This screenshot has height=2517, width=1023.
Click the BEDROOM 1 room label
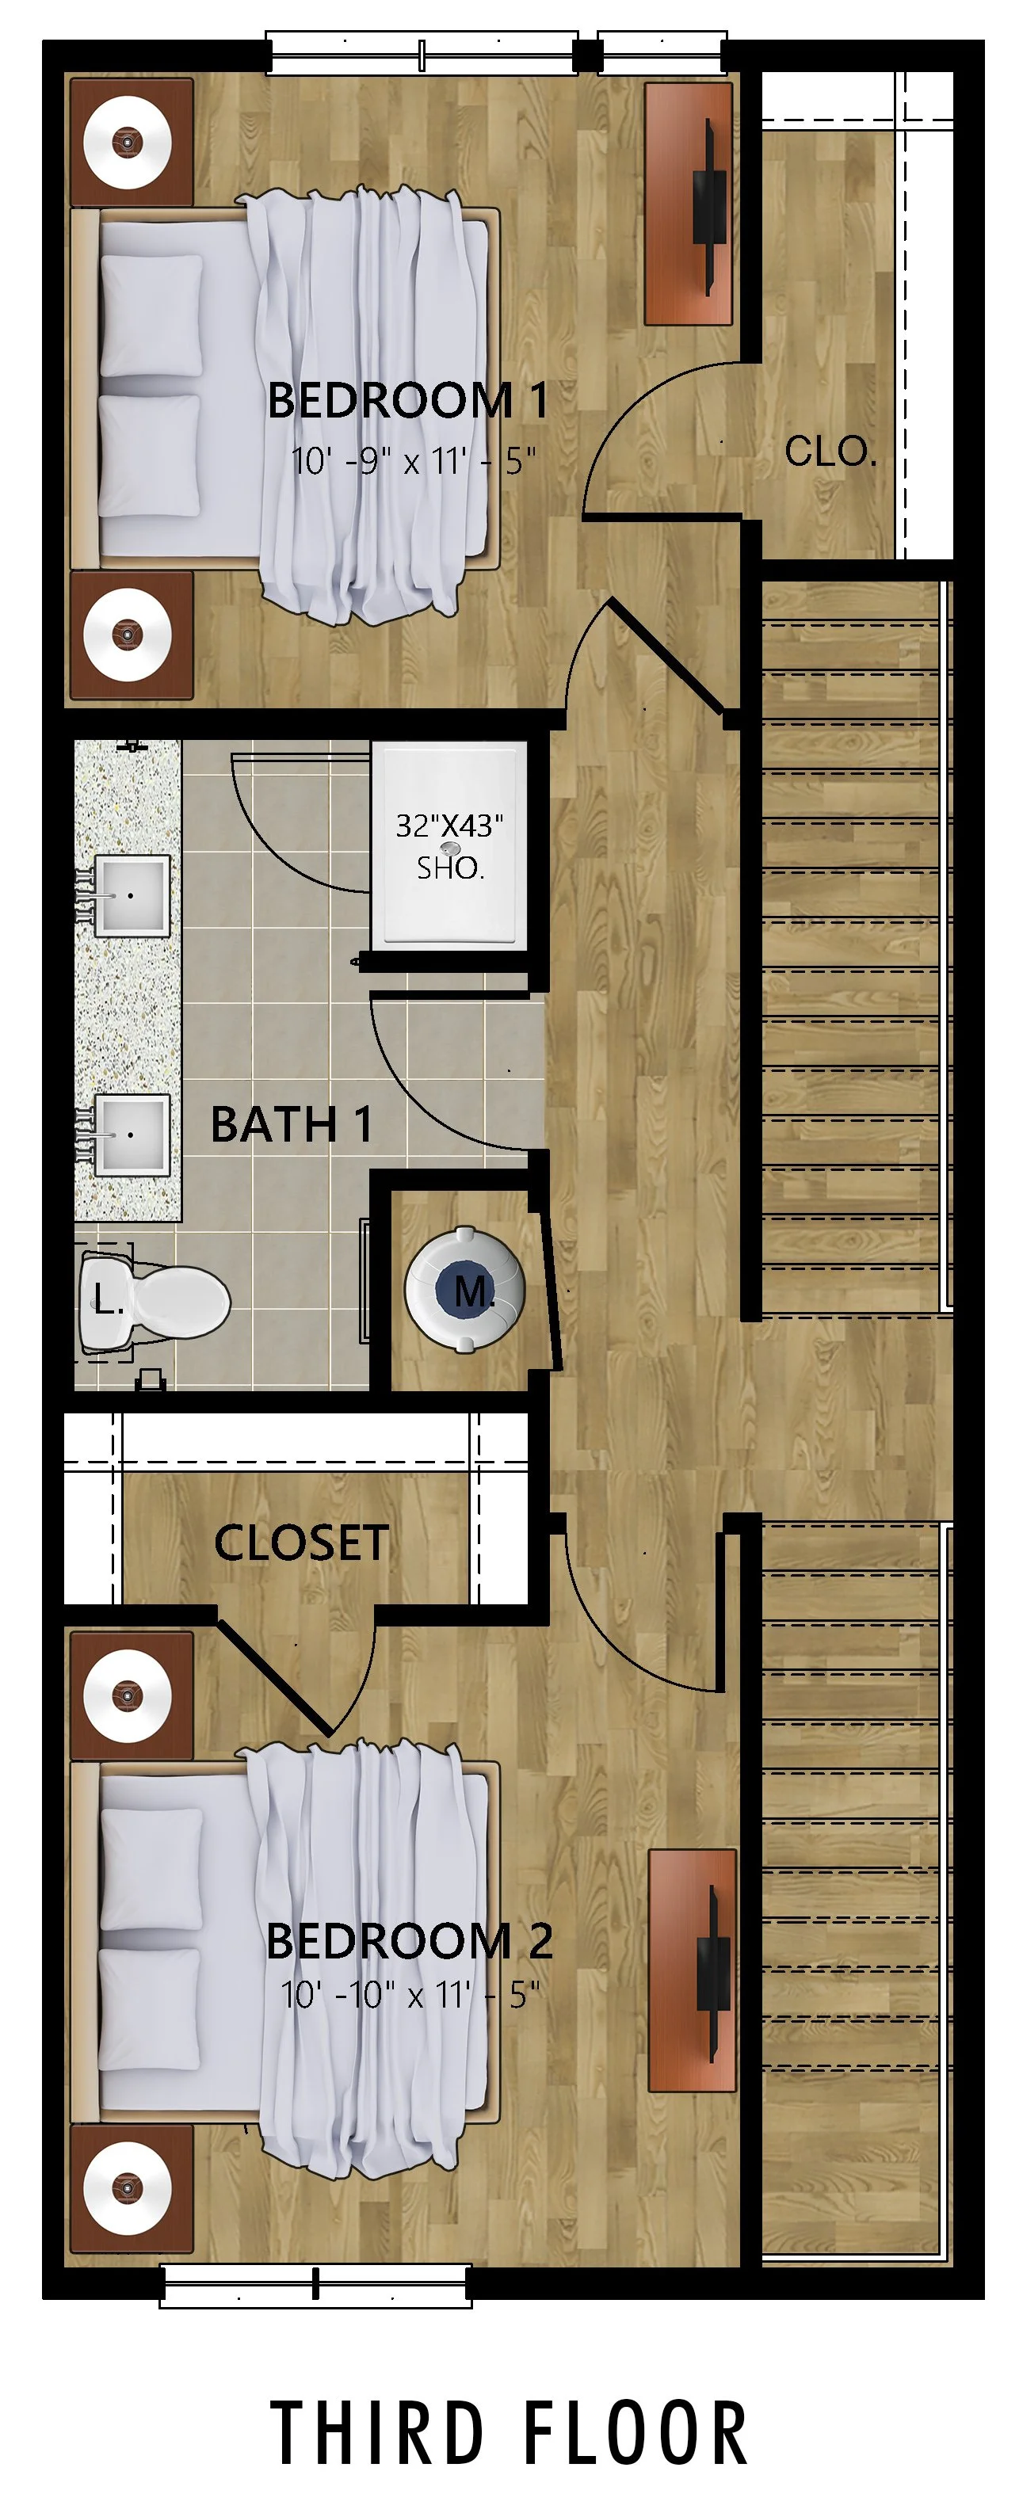pyautogui.click(x=407, y=401)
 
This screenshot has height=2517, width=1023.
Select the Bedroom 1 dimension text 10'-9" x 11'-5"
pyautogui.click(x=414, y=460)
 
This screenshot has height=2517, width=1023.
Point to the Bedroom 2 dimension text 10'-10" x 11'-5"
pyautogui.click(x=410, y=1994)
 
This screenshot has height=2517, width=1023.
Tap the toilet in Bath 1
pyautogui.click(x=156, y=1301)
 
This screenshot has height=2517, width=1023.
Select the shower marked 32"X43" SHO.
pyautogui.click(x=449, y=846)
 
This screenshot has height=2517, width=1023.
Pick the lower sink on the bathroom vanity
pyautogui.click(x=132, y=1134)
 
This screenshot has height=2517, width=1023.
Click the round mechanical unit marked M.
pyautogui.click(x=465, y=1290)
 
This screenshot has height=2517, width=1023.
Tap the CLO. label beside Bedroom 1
pyautogui.click(x=830, y=452)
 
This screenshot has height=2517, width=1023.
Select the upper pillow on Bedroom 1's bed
pyautogui.click(x=151, y=315)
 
